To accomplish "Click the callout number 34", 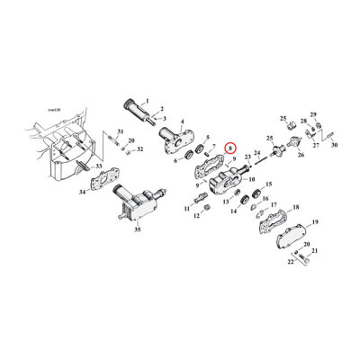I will [83, 192].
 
